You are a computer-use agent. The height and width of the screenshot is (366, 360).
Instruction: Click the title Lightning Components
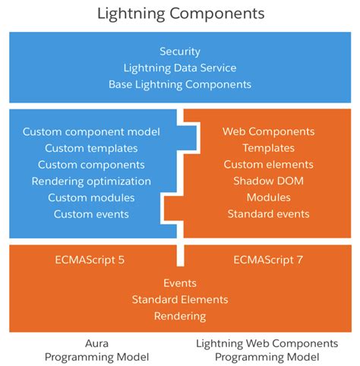[180, 14]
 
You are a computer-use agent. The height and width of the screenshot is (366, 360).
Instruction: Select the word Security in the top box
[180, 52]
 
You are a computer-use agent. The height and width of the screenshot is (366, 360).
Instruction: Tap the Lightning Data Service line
[180, 68]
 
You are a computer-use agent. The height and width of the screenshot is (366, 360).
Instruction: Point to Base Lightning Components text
[180, 84]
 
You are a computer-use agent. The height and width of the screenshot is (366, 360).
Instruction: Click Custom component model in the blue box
[91, 131]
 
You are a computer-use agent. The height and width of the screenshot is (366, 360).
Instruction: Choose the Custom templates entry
[91, 148]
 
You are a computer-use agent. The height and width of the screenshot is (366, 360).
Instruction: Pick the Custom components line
[91, 165]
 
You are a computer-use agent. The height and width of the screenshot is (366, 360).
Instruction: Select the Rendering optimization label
[91, 181]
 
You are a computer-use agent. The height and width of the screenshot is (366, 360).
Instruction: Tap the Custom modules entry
[91, 197]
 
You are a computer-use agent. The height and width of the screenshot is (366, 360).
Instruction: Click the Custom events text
[91, 214]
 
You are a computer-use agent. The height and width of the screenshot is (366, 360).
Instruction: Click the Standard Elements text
[180, 299]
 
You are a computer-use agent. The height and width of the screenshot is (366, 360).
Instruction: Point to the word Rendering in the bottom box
[180, 316]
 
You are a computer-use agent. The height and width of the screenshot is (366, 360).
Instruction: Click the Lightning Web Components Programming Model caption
[268, 350]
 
